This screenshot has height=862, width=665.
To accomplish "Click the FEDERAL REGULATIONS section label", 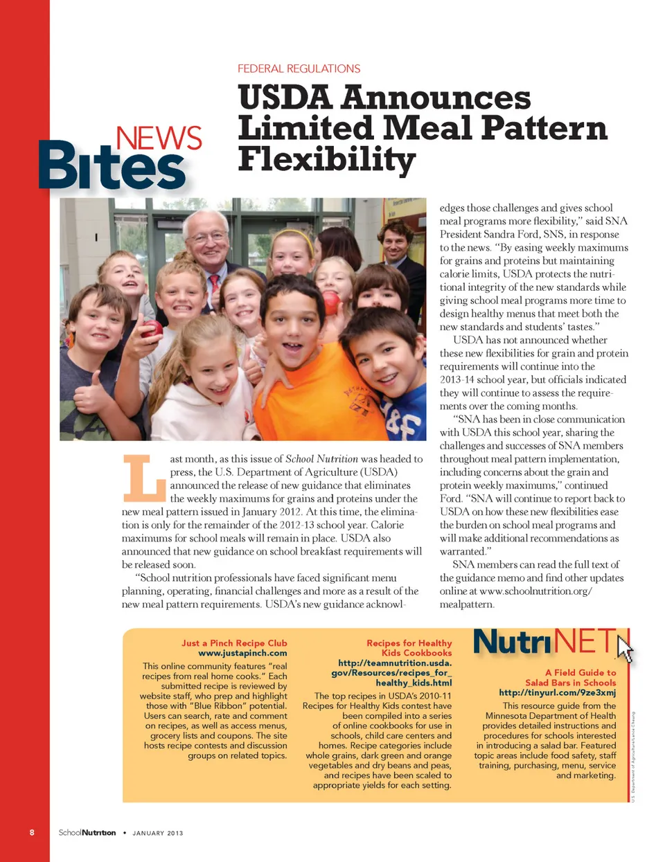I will coord(299,69).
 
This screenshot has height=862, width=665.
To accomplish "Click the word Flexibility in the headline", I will coord(326,159).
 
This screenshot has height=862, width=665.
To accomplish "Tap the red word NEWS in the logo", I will coord(159,138).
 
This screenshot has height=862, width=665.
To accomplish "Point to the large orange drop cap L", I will coord(144,477).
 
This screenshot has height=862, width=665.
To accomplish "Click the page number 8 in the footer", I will coord(32,832).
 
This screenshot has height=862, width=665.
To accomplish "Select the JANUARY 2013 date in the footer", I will coord(158,833).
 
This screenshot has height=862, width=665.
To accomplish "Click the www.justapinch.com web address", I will coord(242,653).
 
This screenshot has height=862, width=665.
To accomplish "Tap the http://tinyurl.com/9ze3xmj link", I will coord(557,692).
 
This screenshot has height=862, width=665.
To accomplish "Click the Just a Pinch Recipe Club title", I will coord(234,643).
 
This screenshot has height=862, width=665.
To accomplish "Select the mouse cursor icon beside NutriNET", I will coord(625,649).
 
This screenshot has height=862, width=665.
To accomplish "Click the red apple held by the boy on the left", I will coord(152,328).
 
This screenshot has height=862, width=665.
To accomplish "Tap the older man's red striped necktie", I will coord(215,282).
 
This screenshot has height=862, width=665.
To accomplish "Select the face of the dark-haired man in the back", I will coord(395,241).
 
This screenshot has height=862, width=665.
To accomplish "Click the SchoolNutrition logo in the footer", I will coord(87,832).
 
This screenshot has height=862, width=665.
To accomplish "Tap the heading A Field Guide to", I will coord(580,672).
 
